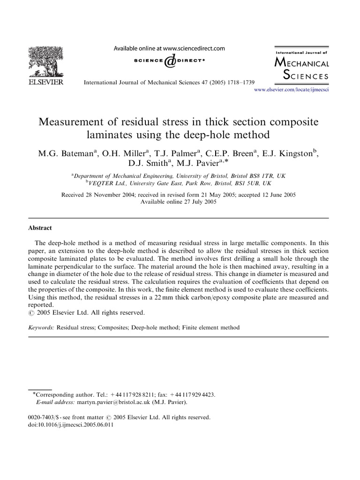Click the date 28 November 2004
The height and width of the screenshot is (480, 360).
(112, 194)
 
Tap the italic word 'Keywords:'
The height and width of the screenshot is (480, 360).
(42, 328)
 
